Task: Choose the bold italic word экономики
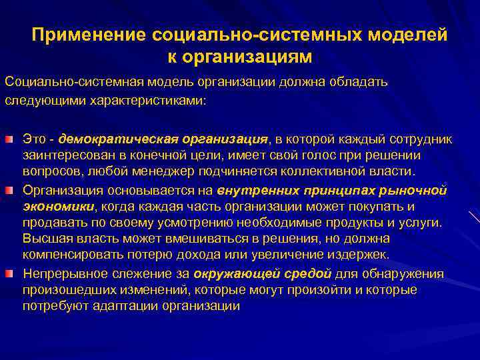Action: (x=58, y=206)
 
